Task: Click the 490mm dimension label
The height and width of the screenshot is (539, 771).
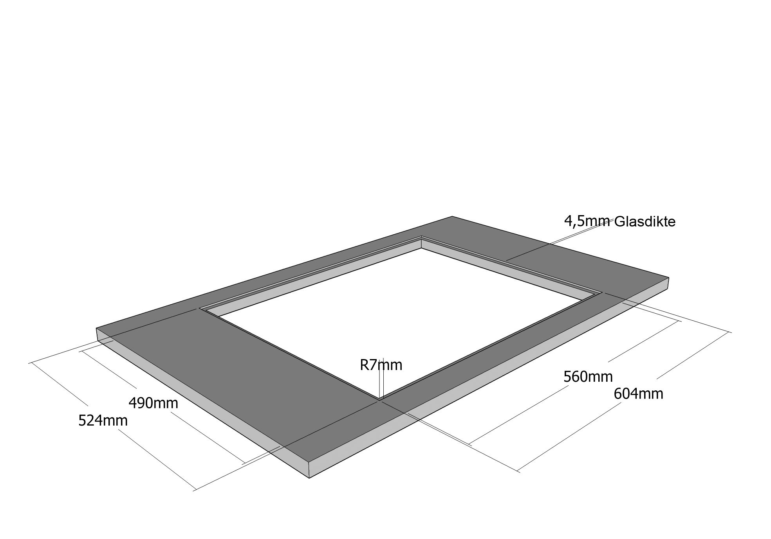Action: [153, 403]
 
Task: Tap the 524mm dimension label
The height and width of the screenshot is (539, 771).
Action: [103, 420]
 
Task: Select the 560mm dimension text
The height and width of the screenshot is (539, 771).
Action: [588, 377]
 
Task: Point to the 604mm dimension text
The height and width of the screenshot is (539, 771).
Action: [638, 393]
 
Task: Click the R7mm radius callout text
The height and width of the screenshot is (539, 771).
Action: [381, 365]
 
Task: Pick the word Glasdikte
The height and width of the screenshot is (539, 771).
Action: [645, 222]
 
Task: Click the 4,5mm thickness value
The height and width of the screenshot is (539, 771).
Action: [587, 222]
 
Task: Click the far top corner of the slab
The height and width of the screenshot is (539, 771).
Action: [452, 216]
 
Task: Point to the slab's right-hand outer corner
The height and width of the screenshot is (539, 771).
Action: [668, 278]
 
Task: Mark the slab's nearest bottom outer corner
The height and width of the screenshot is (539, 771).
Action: [309, 478]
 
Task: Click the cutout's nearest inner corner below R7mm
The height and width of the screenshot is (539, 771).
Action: [379, 400]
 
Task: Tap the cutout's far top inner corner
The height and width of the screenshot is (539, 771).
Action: [421, 236]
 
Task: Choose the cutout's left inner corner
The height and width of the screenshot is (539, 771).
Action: [200, 309]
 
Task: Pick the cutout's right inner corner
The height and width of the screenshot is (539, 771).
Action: [602, 292]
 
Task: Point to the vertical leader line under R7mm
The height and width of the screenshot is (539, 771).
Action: [380, 378]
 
